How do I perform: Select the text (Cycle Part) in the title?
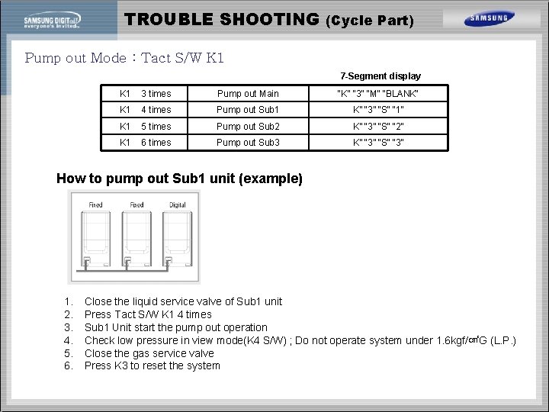pyautogui.click(x=370, y=21)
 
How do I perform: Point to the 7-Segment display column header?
pyautogui.click(x=380, y=76)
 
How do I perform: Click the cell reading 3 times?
pyautogui.click(x=156, y=94)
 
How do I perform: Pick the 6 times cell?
pyautogui.click(x=156, y=143)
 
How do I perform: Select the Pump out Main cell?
pyautogui.click(x=248, y=94)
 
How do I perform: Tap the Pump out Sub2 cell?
pyautogui.click(x=248, y=127)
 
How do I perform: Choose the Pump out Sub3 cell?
pyautogui.click(x=248, y=143)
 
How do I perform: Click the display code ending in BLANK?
pyautogui.click(x=378, y=94)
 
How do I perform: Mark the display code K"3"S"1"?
pyautogui.click(x=378, y=110)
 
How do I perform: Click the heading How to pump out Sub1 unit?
pyautogui.click(x=179, y=179)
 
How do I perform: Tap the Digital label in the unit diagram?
pyautogui.click(x=177, y=205)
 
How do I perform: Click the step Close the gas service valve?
pyautogui.click(x=149, y=353)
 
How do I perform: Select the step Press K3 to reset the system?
pyautogui.click(x=152, y=365)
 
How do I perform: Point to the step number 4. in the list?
pyautogui.click(x=69, y=340)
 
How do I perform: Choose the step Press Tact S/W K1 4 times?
pyautogui.click(x=148, y=314)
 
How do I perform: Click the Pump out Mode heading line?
pyautogui.click(x=124, y=58)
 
